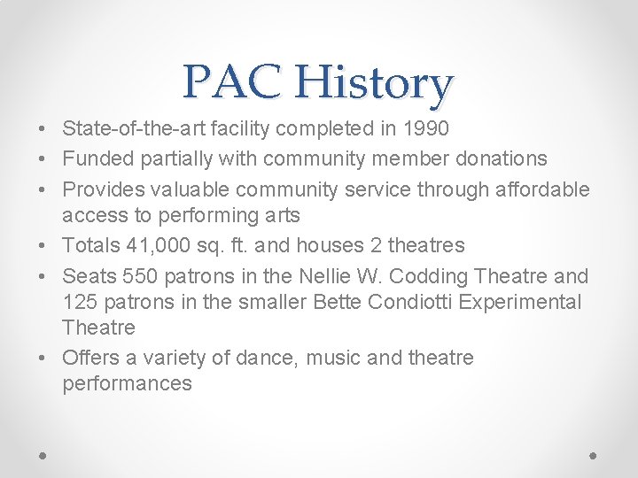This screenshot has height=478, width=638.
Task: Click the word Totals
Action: [x=89, y=245]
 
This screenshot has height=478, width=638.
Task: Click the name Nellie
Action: [x=327, y=275]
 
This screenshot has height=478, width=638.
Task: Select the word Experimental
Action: [x=524, y=302]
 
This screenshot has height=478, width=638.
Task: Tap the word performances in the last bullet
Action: [x=127, y=384]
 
